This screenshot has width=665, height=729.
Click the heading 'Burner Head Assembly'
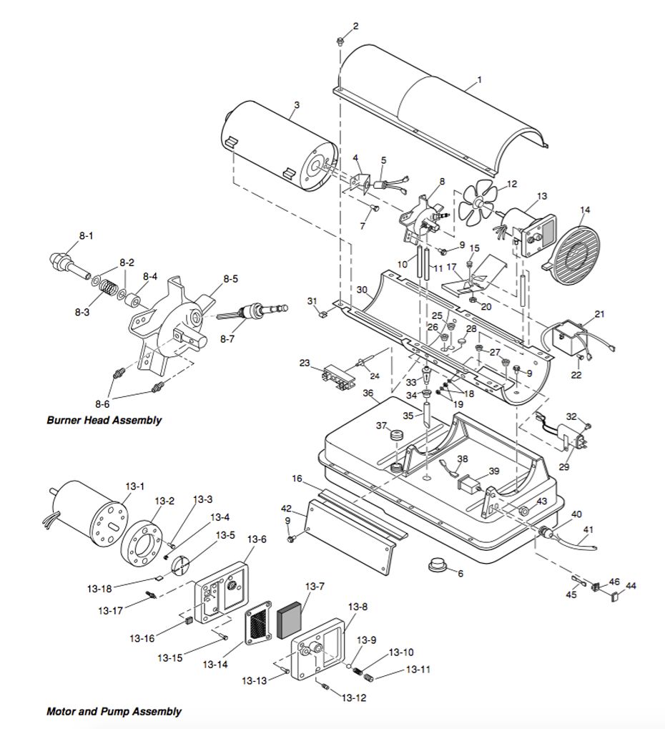104,420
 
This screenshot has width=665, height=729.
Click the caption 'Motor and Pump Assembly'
114,711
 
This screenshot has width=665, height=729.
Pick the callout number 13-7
315,586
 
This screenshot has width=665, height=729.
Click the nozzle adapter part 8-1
69,265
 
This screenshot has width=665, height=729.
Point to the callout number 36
368,393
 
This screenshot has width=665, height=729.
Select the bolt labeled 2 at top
340,41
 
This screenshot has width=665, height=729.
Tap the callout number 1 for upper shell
480,79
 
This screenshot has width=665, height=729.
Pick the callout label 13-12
354,698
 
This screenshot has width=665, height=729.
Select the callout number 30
362,290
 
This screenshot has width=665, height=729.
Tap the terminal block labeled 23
338,374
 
